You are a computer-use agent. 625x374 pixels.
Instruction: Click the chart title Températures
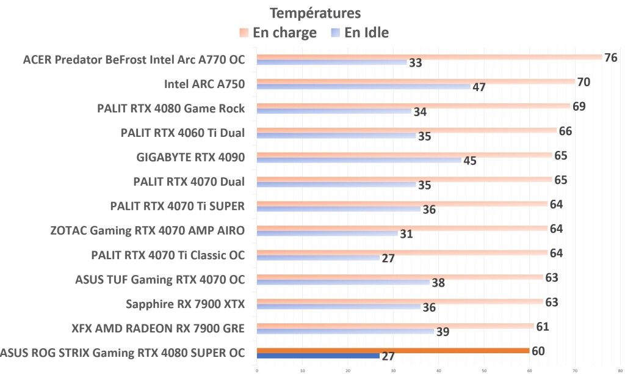pos(316,12)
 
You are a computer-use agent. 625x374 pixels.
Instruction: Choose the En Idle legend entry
pos(359,32)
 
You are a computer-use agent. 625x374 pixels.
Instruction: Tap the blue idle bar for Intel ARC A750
pos(363,87)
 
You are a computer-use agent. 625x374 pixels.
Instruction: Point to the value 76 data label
pos(610,58)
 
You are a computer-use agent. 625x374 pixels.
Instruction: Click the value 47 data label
pos(479,87)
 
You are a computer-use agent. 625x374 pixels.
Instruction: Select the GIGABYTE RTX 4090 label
pos(190,157)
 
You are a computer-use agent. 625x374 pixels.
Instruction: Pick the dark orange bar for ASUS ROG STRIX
pos(393,350)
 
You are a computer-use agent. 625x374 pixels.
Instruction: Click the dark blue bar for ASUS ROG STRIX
pos(318,356)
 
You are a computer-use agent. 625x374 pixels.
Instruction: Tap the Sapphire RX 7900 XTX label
pos(185,304)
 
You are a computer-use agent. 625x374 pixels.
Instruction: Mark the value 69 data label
pos(579,107)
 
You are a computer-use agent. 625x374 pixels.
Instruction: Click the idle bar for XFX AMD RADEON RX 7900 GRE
pos(345,331)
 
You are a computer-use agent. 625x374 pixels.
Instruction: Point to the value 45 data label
pos(469,161)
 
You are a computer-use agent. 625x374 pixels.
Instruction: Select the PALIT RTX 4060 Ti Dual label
pos(183,133)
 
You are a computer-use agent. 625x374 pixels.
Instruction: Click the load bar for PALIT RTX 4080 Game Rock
pos(413,106)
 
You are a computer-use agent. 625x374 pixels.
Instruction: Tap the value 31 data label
pos(405,234)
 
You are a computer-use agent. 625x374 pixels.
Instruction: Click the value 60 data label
pos(538,351)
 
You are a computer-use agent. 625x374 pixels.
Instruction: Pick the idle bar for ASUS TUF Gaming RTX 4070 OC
pos(342,282)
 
